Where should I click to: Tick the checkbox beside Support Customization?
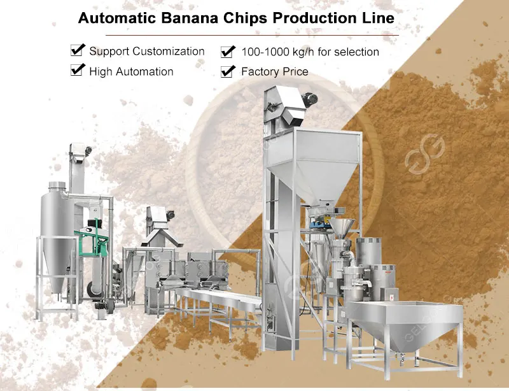(78, 50)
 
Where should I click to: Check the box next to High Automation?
(78, 71)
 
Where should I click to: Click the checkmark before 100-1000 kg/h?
(228, 51)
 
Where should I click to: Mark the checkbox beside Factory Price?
(228, 71)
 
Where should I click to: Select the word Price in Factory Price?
(294, 71)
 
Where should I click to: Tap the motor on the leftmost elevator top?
(88, 150)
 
